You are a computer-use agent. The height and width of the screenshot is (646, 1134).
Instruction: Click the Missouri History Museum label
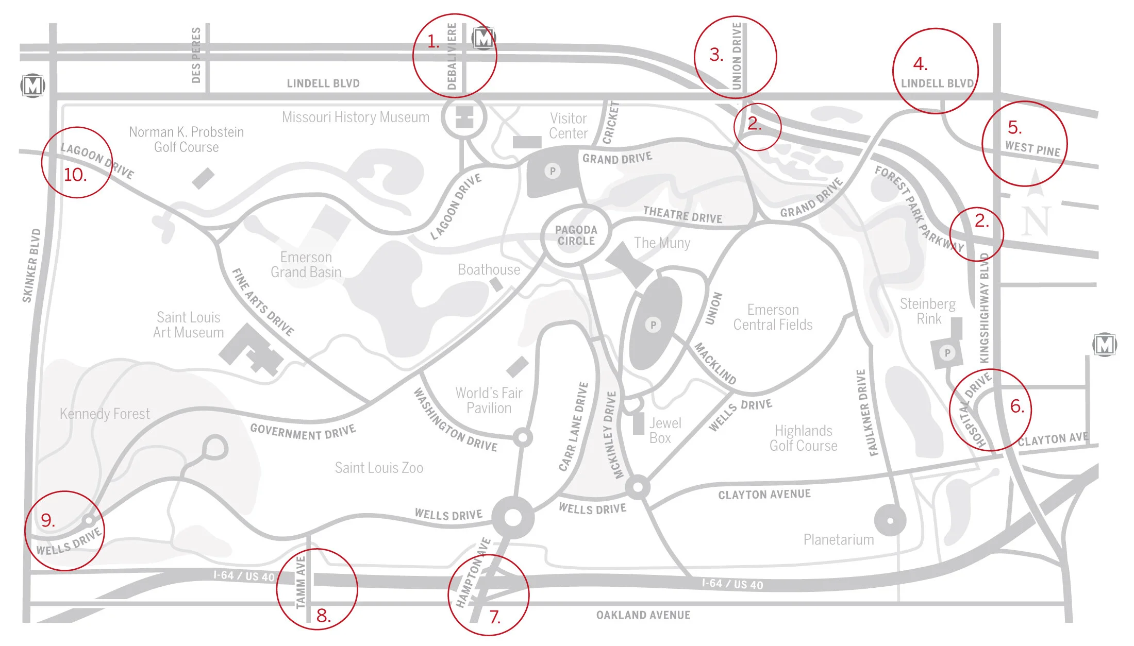pyautogui.click(x=355, y=117)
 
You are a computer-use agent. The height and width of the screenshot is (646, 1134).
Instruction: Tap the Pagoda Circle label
pyautogui.click(x=576, y=235)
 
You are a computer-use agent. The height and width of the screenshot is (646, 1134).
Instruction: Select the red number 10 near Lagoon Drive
pyautogui.click(x=75, y=175)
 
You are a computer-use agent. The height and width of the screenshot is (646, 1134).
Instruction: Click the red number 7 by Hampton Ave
pyautogui.click(x=495, y=617)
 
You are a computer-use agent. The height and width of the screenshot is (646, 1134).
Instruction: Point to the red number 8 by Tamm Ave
pyautogui.click(x=323, y=615)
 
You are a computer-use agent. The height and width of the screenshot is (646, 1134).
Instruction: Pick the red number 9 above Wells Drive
pyautogui.click(x=47, y=520)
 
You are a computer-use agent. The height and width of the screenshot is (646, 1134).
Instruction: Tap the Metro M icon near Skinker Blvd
pyautogui.click(x=32, y=86)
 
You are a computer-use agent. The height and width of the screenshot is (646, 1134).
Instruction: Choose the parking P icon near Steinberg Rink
pyautogui.click(x=947, y=353)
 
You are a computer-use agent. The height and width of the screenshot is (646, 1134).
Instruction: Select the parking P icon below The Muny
pyautogui.click(x=653, y=325)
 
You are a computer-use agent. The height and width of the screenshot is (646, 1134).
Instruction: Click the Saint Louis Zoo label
pyautogui.click(x=379, y=468)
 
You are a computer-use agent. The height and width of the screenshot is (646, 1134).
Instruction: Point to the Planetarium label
pyautogui.click(x=839, y=540)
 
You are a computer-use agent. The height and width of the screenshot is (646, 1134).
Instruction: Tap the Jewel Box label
pyautogui.click(x=664, y=431)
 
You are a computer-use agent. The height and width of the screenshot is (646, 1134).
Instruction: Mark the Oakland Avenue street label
pyautogui.click(x=643, y=615)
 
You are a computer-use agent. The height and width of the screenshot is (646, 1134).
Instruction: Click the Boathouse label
pyautogui.click(x=489, y=269)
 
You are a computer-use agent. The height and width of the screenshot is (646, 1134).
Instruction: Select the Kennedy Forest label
pyautogui.click(x=105, y=414)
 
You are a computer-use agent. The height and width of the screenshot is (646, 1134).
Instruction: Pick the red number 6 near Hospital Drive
pyautogui.click(x=1016, y=406)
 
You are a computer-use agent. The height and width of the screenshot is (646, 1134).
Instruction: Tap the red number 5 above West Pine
pyautogui.click(x=1014, y=127)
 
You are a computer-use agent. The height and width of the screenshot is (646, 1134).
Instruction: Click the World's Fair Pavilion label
pyautogui.click(x=489, y=400)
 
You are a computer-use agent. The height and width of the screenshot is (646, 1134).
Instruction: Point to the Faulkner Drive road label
pyautogui.click(x=867, y=413)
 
